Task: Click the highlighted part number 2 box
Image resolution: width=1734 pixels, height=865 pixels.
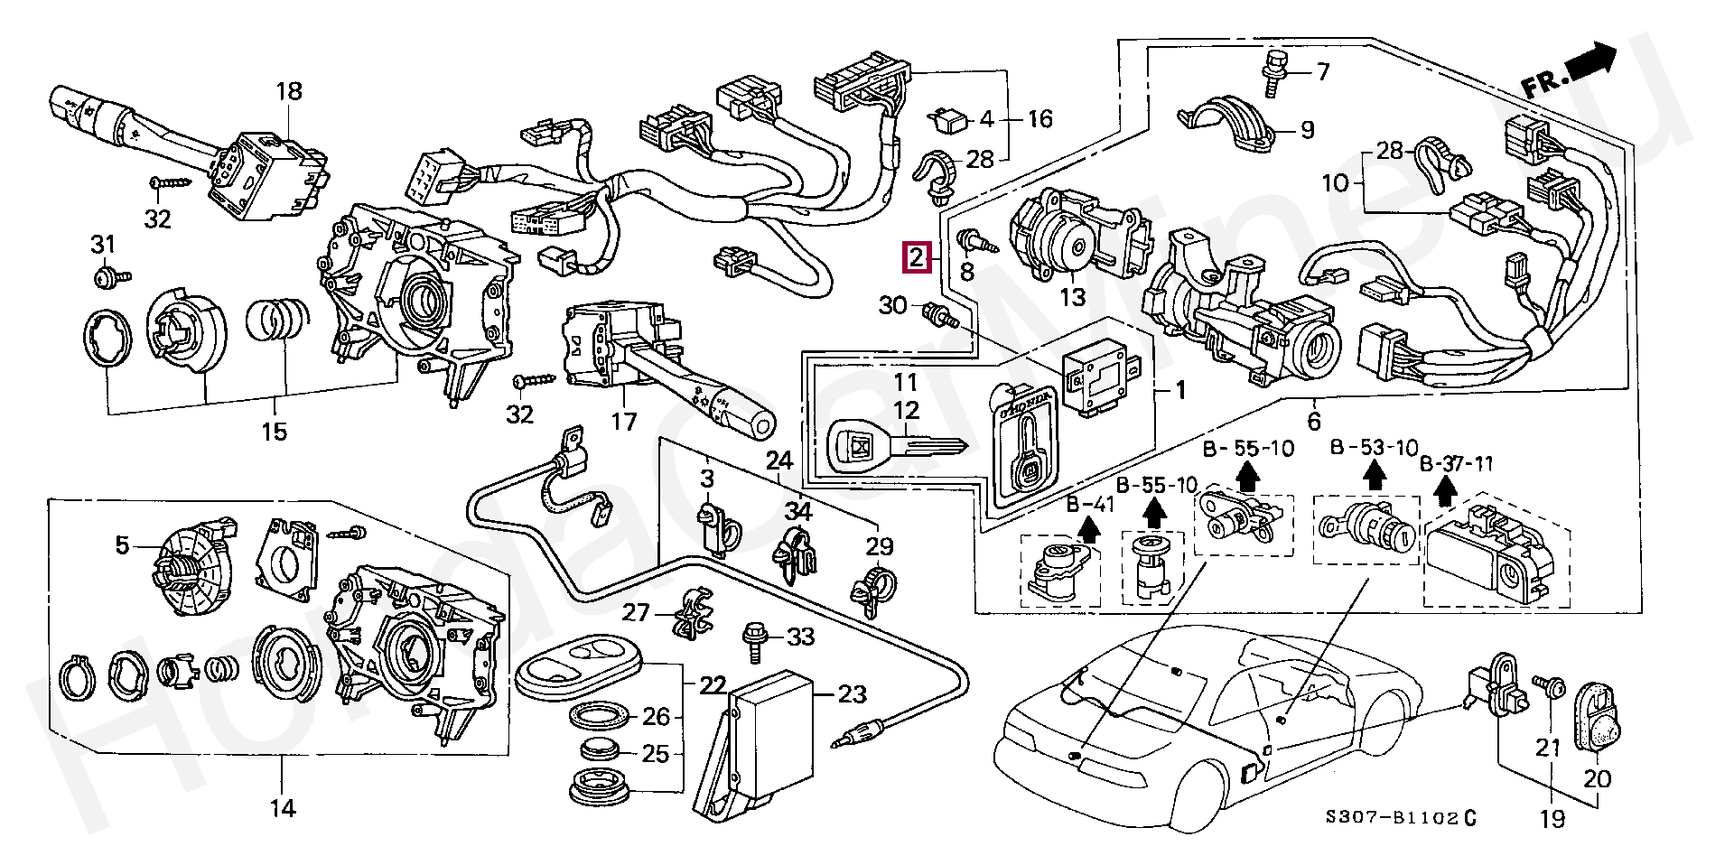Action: [x=917, y=258]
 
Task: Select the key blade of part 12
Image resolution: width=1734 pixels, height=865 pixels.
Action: [x=934, y=446]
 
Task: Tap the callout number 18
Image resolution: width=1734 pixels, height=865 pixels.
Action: [x=289, y=91]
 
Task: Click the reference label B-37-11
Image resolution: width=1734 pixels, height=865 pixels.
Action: [x=1456, y=464]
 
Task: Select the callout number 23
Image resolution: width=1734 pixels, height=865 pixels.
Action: [x=852, y=693]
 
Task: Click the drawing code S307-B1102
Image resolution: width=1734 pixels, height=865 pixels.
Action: [x=1391, y=818]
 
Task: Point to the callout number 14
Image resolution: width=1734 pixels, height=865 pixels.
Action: [x=283, y=808]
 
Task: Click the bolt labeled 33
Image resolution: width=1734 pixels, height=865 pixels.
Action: [x=751, y=638]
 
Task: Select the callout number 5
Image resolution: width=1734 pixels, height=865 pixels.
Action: [x=122, y=545]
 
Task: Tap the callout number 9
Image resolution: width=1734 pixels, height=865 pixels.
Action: [x=1307, y=130]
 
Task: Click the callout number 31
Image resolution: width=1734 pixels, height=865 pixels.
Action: [x=104, y=244]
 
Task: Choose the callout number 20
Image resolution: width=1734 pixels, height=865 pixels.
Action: [x=1597, y=778]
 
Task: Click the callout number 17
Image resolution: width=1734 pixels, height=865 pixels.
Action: [x=623, y=422]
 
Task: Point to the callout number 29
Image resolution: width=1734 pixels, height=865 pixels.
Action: [x=879, y=546]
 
